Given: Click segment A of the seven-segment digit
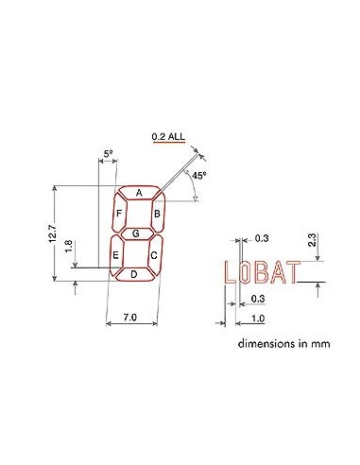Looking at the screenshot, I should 139,193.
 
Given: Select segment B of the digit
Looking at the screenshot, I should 158,214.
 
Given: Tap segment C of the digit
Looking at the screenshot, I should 153,254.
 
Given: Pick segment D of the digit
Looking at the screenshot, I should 133,274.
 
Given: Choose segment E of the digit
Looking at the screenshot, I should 115,254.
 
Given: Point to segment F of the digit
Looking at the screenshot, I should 119,214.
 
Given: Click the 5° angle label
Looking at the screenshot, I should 108,151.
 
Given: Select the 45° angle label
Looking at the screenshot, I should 198,176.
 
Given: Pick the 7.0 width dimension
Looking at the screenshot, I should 131,320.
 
